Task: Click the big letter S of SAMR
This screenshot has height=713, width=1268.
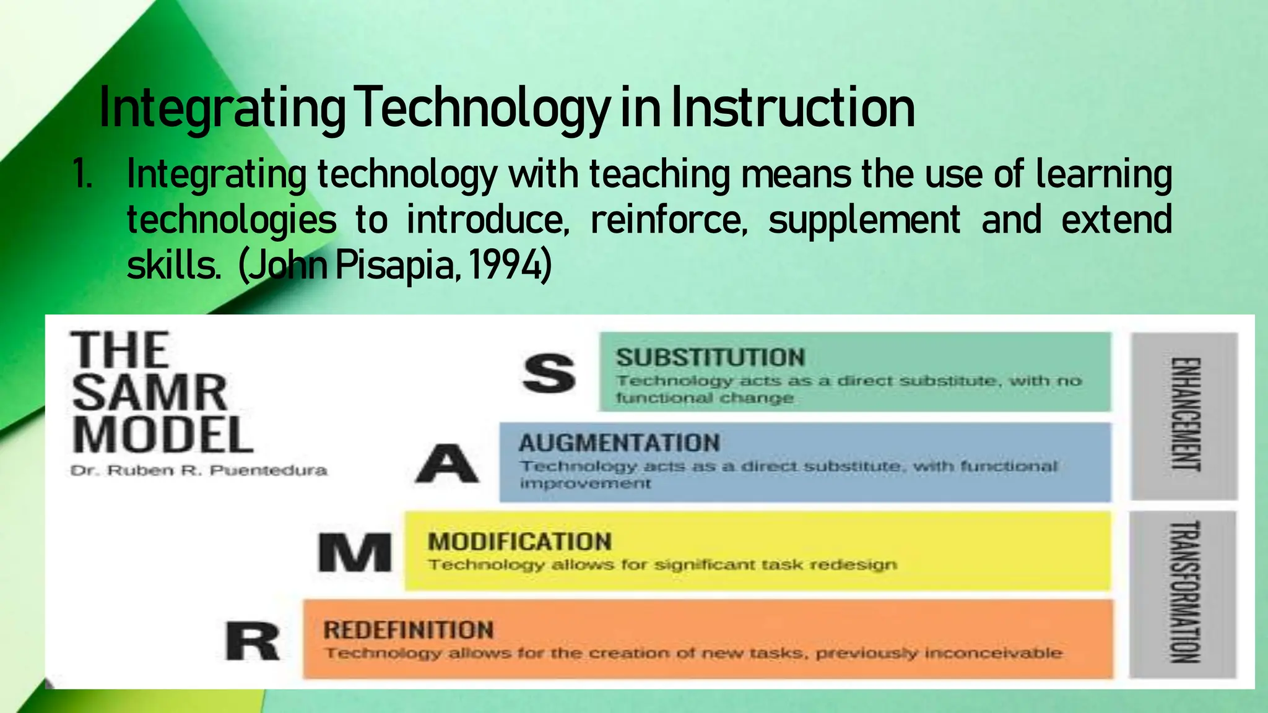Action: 549,373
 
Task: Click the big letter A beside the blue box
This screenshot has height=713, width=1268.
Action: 447,464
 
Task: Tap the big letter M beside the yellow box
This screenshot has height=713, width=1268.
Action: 355,553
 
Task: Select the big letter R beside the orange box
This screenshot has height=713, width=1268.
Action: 252,642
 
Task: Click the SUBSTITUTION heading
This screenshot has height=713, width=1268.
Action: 710,358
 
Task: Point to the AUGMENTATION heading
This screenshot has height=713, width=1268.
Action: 619,443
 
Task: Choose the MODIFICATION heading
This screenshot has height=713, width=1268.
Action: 519,542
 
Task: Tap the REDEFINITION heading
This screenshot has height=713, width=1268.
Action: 409,630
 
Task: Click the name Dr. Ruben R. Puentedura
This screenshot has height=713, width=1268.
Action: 199,471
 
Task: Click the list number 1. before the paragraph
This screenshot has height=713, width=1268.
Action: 82,174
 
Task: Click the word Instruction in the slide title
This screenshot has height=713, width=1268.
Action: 792,109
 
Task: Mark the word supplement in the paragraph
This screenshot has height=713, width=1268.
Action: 864,220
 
